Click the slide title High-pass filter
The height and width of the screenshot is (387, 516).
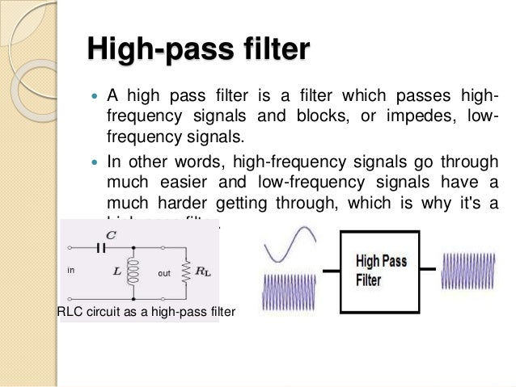[197, 50]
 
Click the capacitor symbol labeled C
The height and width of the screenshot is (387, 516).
[101, 249]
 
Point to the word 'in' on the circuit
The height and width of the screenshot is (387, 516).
[70, 272]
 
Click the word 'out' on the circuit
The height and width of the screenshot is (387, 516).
[164, 273]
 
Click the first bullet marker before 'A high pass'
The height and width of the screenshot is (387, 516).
[93, 97]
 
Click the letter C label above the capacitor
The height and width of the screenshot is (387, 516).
[111, 235]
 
